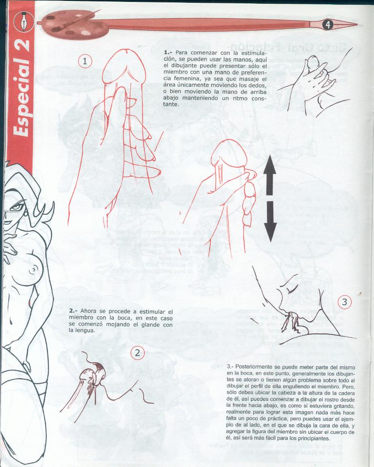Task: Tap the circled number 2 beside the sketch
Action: click(x=137, y=353)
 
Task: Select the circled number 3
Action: click(x=345, y=301)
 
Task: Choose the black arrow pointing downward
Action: click(x=270, y=221)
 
